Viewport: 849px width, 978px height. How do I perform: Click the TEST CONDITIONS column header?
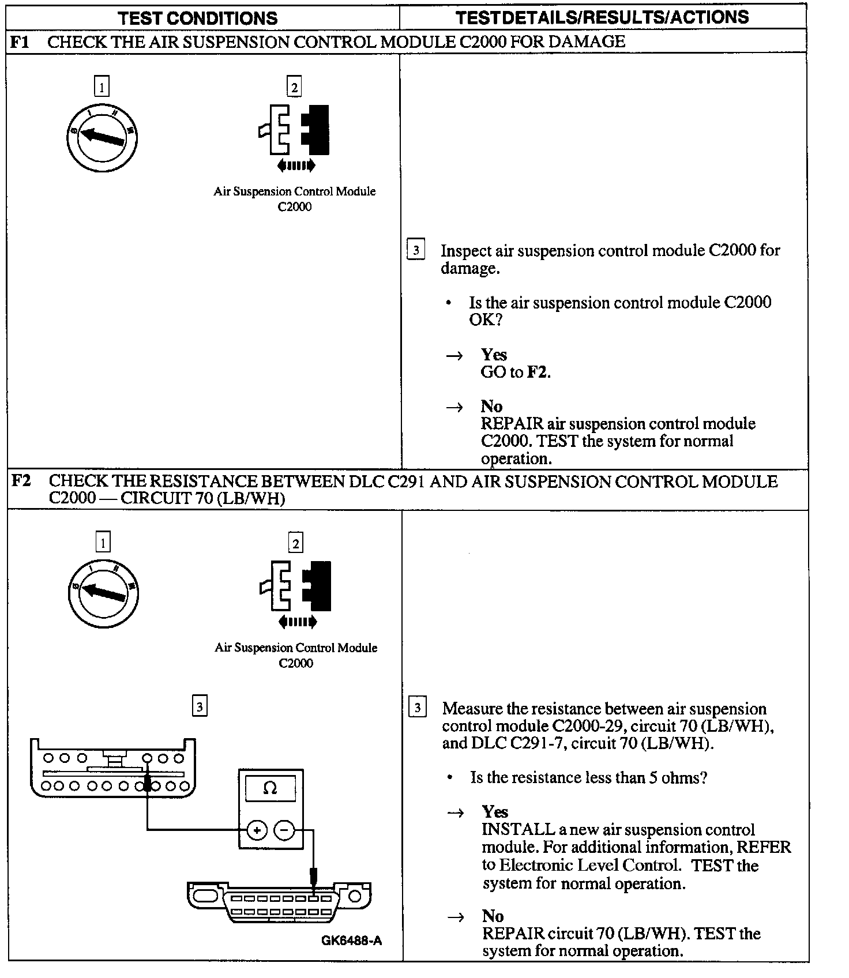point(198,18)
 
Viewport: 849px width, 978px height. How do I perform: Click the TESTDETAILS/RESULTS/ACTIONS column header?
point(602,17)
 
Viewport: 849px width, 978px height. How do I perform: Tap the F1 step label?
point(21,42)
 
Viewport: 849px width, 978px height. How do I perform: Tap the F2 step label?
point(21,480)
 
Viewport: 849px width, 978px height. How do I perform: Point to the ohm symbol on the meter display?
point(270,788)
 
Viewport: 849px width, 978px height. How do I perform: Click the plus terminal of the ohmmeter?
point(257,830)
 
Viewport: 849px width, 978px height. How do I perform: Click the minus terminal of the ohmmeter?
point(284,830)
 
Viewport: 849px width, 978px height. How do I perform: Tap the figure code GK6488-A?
point(351,941)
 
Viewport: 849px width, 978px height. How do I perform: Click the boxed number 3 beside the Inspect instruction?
point(415,250)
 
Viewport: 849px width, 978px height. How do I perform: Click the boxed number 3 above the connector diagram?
point(200,706)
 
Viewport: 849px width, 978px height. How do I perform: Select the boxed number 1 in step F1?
point(102,87)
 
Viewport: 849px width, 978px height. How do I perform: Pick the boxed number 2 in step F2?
point(296,543)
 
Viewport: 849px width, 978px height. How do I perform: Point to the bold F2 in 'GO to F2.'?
point(538,372)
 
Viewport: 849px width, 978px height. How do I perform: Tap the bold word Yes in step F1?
point(494,355)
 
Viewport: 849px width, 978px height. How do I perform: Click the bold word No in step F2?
point(493,916)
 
